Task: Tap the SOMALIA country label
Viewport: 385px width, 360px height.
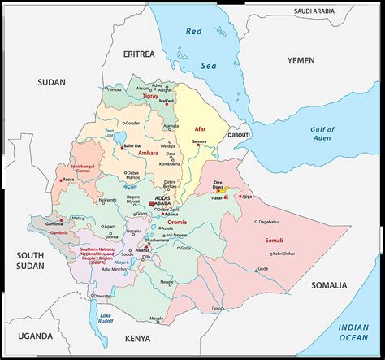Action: click(x=328, y=285)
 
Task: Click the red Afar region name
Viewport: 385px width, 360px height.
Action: click(x=201, y=130)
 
